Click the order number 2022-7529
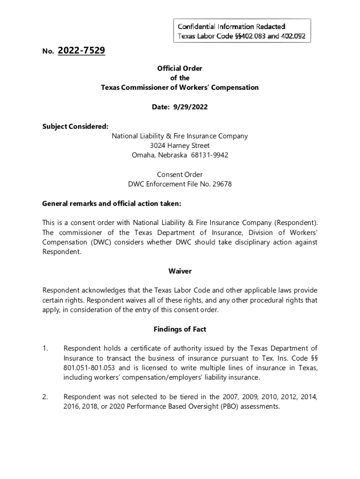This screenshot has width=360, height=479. click(x=81, y=51)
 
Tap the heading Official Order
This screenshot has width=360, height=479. click(x=180, y=68)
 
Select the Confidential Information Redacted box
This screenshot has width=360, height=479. click(x=242, y=31)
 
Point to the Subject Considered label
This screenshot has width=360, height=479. click(x=75, y=126)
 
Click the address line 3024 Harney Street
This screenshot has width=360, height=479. click(x=180, y=145)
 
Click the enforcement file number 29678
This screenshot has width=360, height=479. click(x=222, y=184)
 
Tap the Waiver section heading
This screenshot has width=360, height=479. click(x=180, y=271)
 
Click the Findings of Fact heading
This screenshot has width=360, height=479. click(x=180, y=329)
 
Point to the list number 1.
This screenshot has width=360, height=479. click(x=45, y=348)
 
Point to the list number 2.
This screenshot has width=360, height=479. click(x=45, y=397)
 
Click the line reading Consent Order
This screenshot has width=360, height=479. click(x=180, y=174)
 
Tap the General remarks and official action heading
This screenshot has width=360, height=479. click(x=112, y=203)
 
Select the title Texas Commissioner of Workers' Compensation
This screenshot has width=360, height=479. click(x=180, y=87)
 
